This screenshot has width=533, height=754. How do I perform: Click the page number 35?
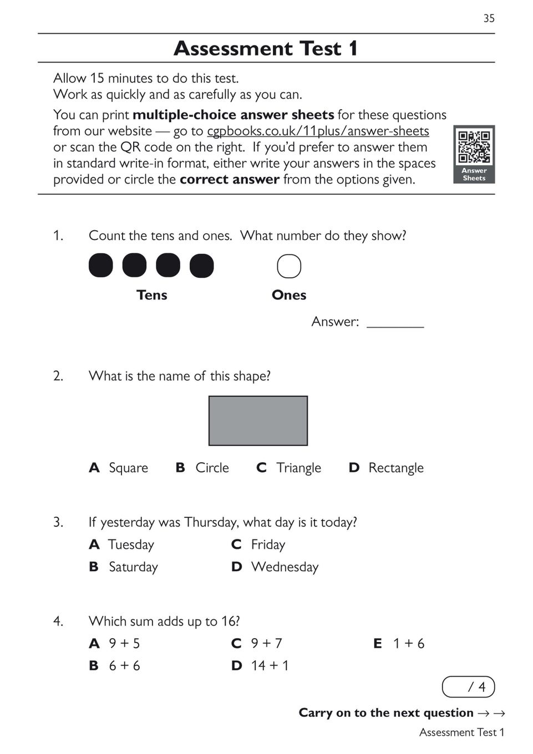coord(489,18)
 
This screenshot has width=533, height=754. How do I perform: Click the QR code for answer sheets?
coord(474,147)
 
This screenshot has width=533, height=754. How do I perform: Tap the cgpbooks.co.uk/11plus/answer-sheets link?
coord(318,131)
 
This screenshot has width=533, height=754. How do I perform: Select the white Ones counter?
coord(289,266)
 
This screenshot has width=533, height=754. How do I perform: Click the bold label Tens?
coord(151,295)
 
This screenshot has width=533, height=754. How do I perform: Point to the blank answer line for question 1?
coord(395,323)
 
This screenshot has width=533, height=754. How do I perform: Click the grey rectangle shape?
coord(258,420)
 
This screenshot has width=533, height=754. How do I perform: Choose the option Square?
coord(128,468)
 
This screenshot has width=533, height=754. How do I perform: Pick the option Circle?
coord(212,468)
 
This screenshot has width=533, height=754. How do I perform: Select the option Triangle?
coord(298,468)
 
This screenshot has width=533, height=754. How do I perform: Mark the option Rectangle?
coord(395,468)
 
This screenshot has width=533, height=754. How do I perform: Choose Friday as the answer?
coord(268,544)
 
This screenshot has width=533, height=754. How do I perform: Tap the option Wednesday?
coord(285,567)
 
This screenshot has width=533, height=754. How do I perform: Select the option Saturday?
coord(133,567)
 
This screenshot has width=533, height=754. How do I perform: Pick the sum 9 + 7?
coord(266,643)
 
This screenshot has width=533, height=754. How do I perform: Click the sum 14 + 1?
coord(270,665)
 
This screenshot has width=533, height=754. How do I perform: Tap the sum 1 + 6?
coord(408,643)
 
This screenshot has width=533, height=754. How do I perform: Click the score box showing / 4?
coord(468,687)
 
